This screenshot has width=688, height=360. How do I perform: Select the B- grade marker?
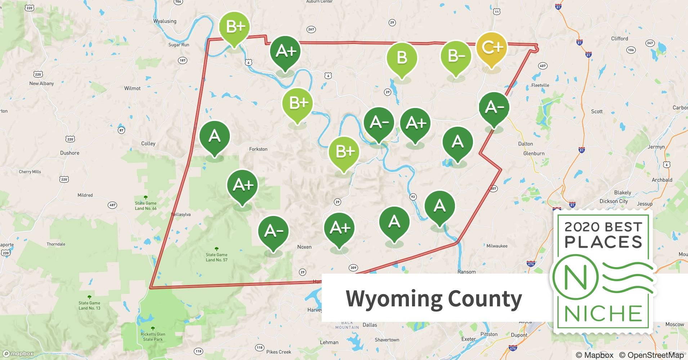coord(456,57)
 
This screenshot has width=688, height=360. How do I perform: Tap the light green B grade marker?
coord(402,58)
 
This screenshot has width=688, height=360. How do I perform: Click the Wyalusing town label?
coord(165,21)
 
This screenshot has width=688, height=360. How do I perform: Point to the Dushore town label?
coord(70,153)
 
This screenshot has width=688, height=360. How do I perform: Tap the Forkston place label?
coord(258,149)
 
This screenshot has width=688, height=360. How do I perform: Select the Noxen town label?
coord(304,247)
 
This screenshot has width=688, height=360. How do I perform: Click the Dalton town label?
coord(525,144)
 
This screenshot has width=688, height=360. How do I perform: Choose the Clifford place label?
coord(619,39)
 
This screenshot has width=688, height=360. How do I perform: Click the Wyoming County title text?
coord(434,298)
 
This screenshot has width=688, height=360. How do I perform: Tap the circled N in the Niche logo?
coord(575,278)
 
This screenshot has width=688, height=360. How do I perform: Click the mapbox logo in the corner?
coord(18,354)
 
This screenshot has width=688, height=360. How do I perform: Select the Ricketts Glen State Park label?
coord(153,337)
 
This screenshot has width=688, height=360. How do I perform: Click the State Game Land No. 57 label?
coord(216,257)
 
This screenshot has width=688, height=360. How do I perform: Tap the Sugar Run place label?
coord(179,45)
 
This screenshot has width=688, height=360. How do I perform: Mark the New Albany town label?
coord(41,83)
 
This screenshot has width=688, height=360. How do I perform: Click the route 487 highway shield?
coord(112,205)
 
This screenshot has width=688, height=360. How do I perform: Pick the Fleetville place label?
coord(540,85)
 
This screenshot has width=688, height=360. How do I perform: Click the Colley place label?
coord(148,143)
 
